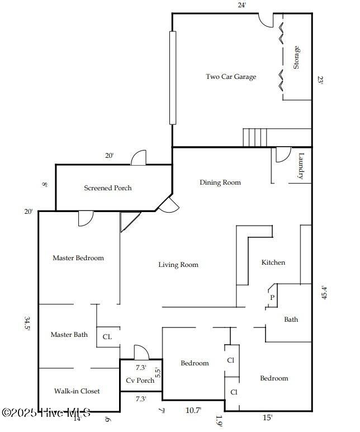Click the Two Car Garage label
point(231,77)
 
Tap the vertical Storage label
point(296,58)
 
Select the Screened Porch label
point(108,188)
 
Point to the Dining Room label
point(220,182)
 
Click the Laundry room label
point(301,166)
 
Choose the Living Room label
point(178,265)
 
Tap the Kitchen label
point(273,262)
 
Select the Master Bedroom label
point(78,258)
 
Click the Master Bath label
point(69,335)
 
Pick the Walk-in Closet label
point(77,391)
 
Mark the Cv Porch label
point(140,381)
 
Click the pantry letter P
point(272,298)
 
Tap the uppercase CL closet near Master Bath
point(107,337)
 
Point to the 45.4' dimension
point(324,293)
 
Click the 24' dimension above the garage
point(241,5)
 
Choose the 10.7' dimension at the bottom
point(193,410)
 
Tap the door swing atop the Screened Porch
point(139,158)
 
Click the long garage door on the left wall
point(173,77)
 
